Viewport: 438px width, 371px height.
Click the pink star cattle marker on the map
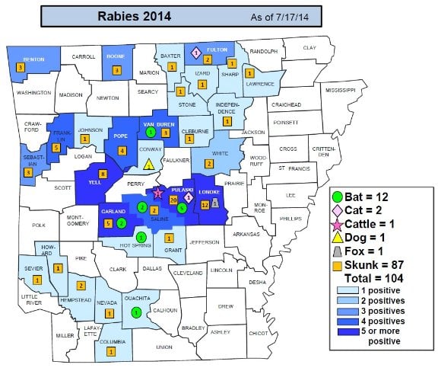point(158,194)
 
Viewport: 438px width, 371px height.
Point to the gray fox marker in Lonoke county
point(215,203)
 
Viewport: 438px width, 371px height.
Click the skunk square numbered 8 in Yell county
point(103,174)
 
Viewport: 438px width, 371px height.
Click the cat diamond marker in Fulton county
point(195,53)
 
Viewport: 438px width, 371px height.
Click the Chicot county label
point(259,333)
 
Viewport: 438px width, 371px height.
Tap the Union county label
point(163,347)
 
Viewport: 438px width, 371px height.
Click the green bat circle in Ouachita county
point(135,312)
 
